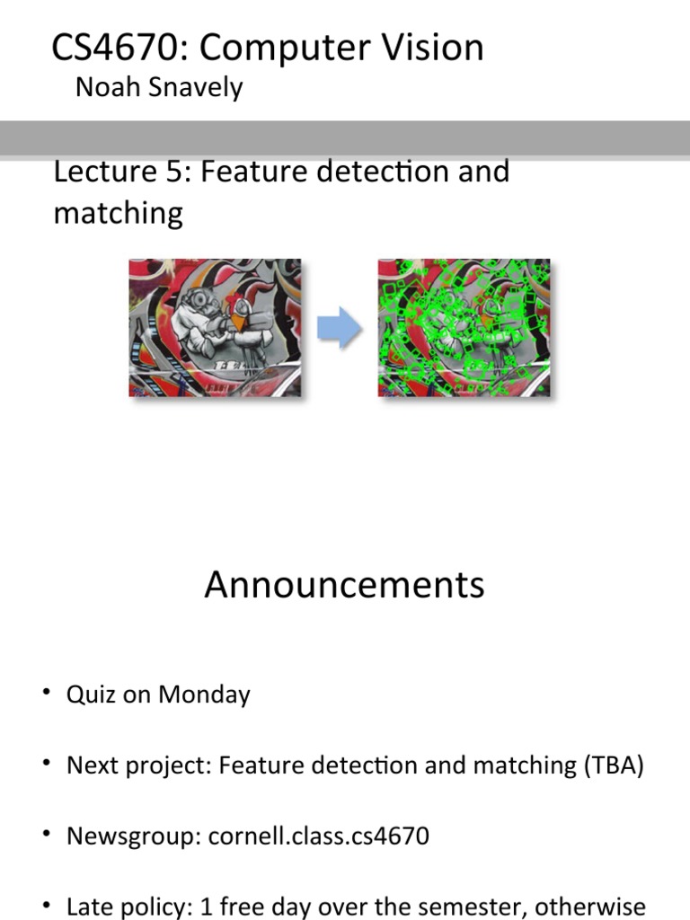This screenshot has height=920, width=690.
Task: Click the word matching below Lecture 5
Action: point(118,213)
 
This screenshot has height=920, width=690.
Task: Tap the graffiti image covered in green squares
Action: point(464,328)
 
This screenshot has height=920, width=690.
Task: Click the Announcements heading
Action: point(344,585)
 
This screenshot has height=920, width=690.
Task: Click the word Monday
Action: point(204,694)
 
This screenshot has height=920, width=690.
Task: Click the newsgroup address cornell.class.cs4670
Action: point(319,836)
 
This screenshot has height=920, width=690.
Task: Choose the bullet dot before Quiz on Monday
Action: point(45,694)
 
